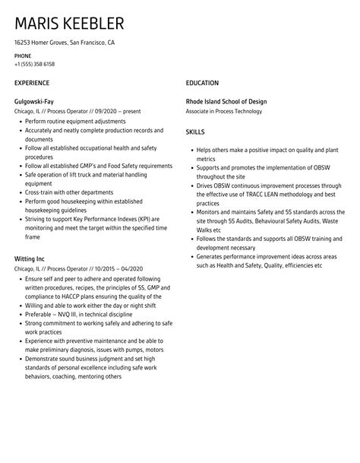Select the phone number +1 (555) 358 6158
click(34, 65)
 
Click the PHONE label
click(23, 56)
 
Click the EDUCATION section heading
click(202, 82)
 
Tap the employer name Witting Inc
click(31, 258)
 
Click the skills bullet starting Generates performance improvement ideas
click(261, 257)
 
